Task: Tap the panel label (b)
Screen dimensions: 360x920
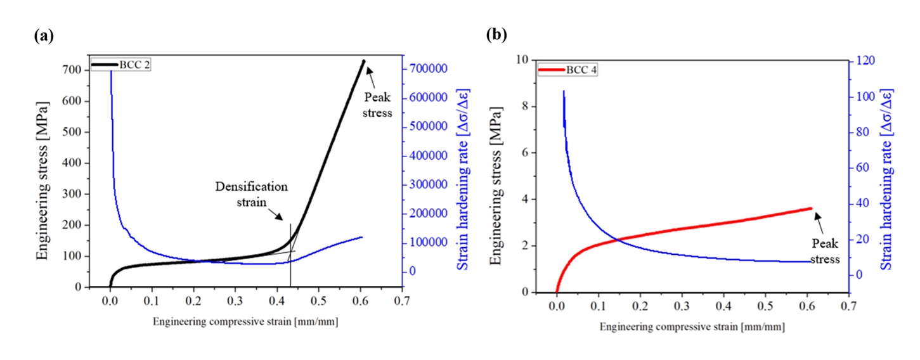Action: click(496, 35)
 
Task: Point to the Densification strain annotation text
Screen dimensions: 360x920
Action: click(250, 193)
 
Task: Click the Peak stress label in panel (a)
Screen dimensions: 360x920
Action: click(379, 105)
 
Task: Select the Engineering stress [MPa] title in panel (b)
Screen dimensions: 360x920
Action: click(498, 177)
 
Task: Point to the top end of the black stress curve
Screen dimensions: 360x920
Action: click(363, 61)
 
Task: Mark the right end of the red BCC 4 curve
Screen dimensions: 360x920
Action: click(810, 208)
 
